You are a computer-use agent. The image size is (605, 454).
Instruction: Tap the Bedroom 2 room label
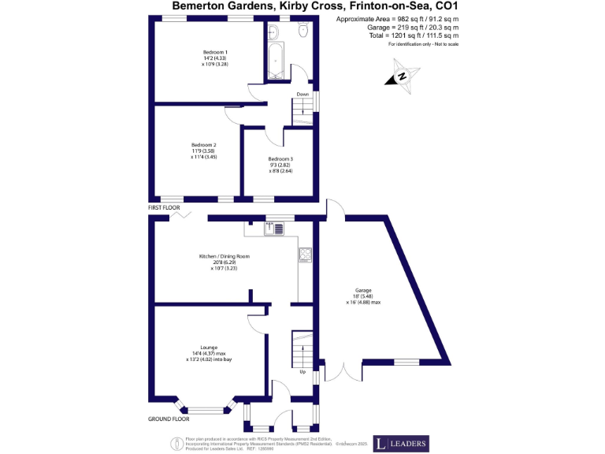[x=203, y=145]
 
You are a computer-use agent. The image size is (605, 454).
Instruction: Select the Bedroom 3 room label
[x=280, y=159]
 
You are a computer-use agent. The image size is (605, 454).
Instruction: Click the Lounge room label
[x=209, y=347]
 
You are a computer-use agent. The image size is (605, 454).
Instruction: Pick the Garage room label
[x=363, y=290]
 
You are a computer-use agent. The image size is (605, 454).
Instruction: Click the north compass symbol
[x=400, y=76]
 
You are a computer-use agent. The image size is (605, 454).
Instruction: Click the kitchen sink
[x=273, y=229]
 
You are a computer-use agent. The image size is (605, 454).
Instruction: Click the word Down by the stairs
[x=302, y=95]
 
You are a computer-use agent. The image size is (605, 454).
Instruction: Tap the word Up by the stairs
[x=302, y=372]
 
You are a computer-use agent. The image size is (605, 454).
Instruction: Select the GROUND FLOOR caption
[x=169, y=419]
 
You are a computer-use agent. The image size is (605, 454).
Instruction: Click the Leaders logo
[x=401, y=443]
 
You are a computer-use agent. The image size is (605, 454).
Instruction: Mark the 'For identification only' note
[x=423, y=44]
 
